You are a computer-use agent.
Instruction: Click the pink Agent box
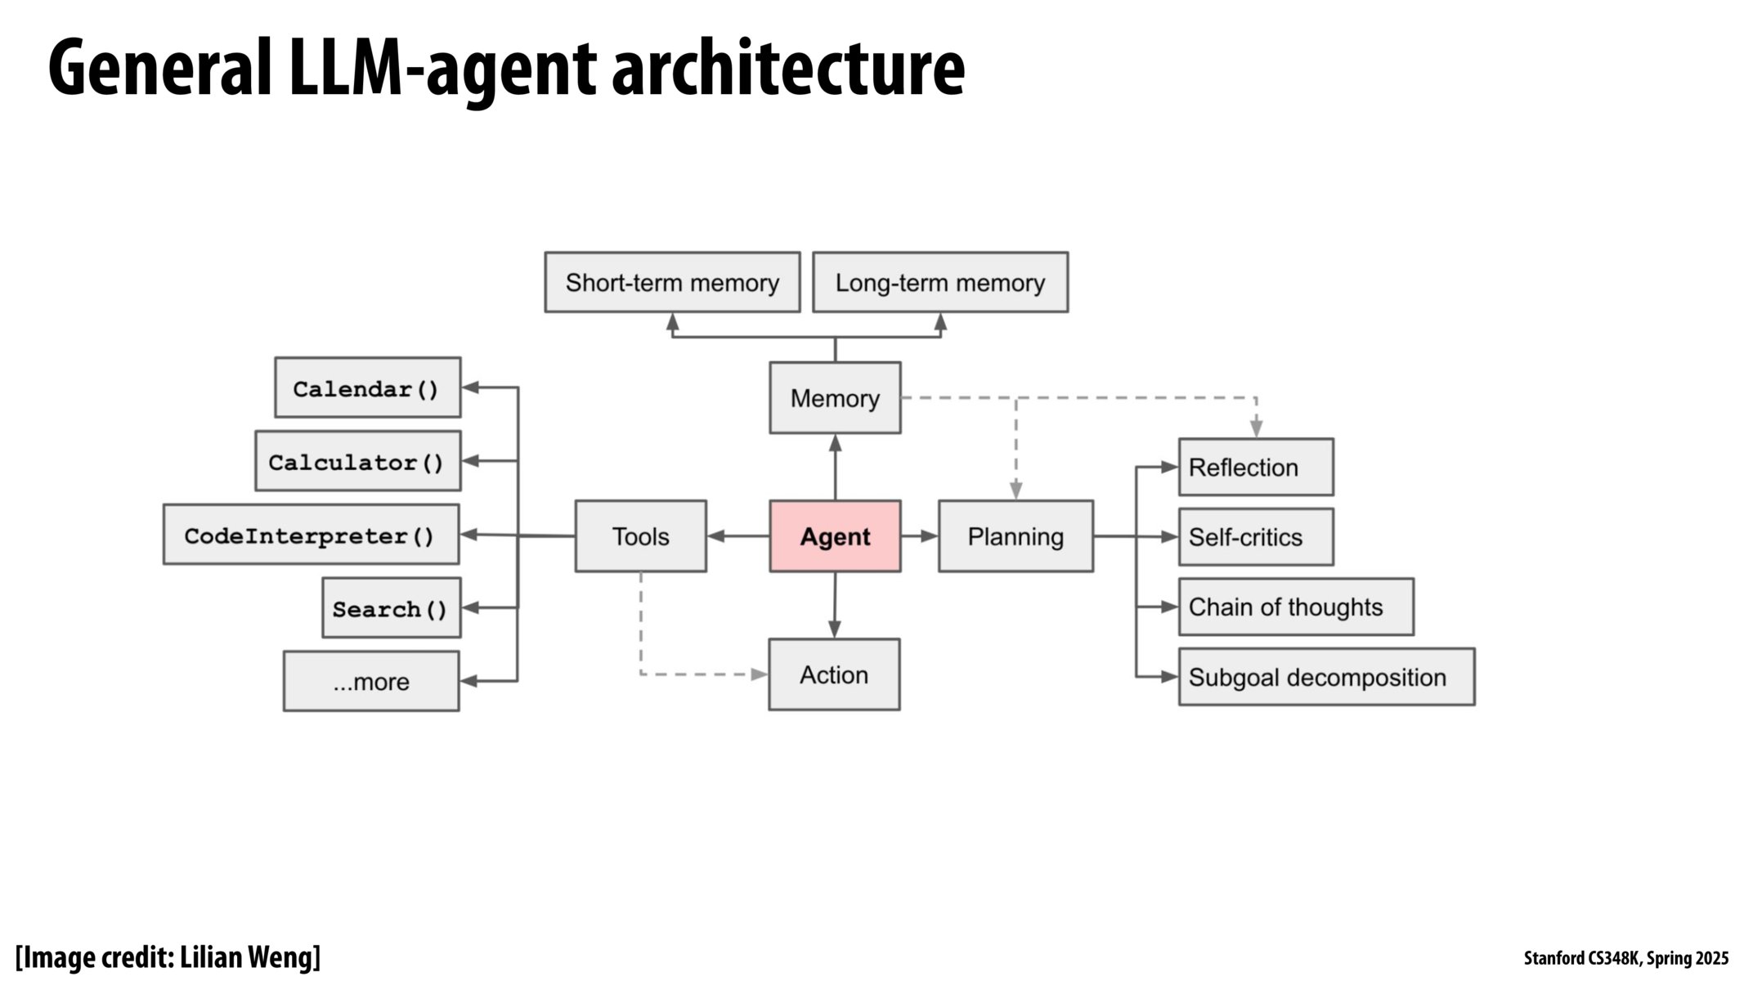point(835,536)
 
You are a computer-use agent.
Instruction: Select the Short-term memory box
point(672,282)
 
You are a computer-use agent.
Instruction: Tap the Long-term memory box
point(939,282)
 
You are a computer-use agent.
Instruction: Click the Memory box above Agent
point(835,398)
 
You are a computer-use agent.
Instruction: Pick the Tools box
point(640,536)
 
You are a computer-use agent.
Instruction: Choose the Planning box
point(1015,536)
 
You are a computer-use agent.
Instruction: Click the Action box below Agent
point(834,674)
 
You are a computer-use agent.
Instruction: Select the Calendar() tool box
point(367,387)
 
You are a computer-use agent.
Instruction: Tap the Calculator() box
point(357,461)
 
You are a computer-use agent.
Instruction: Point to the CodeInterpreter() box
point(311,535)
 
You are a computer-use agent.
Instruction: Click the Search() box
point(391,608)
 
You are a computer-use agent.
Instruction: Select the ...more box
point(371,681)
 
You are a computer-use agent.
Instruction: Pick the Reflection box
point(1256,467)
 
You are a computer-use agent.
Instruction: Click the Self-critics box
point(1256,537)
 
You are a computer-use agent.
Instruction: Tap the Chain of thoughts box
point(1296,607)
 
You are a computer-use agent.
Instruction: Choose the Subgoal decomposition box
point(1326,677)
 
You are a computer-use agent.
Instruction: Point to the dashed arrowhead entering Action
point(760,674)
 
